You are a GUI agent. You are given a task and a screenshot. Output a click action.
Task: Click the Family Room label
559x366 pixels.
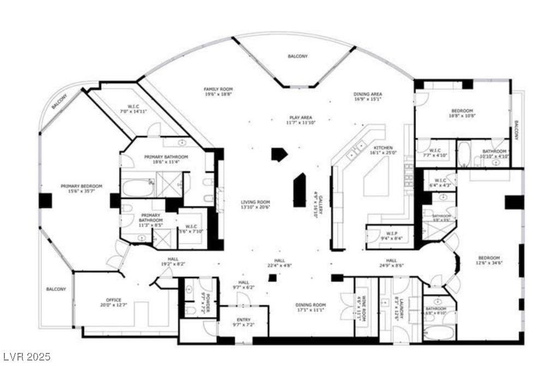pyautogui.click(x=218, y=89)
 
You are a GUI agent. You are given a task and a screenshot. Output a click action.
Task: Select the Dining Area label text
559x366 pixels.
pyautogui.click(x=367, y=94)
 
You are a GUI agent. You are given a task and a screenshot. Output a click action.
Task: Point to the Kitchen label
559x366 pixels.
pyautogui.click(x=383, y=147)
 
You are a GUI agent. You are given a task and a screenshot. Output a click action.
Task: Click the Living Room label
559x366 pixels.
pyautogui.click(x=255, y=202)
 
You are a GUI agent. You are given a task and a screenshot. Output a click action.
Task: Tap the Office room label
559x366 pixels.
pyautogui.click(x=114, y=300)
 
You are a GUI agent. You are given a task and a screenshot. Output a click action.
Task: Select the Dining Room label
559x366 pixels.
pyautogui.click(x=311, y=305)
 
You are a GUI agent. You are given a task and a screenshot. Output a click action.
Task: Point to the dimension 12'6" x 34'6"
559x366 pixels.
pyautogui.click(x=489, y=263)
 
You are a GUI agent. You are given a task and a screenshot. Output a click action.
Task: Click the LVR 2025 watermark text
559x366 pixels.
pyautogui.click(x=26, y=357)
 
